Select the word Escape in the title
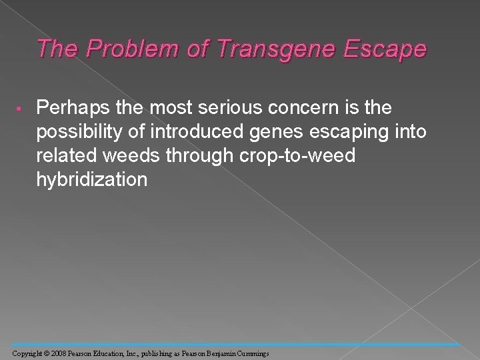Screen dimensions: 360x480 [388, 49]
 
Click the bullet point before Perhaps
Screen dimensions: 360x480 [21, 107]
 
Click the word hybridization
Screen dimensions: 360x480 [93, 179]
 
